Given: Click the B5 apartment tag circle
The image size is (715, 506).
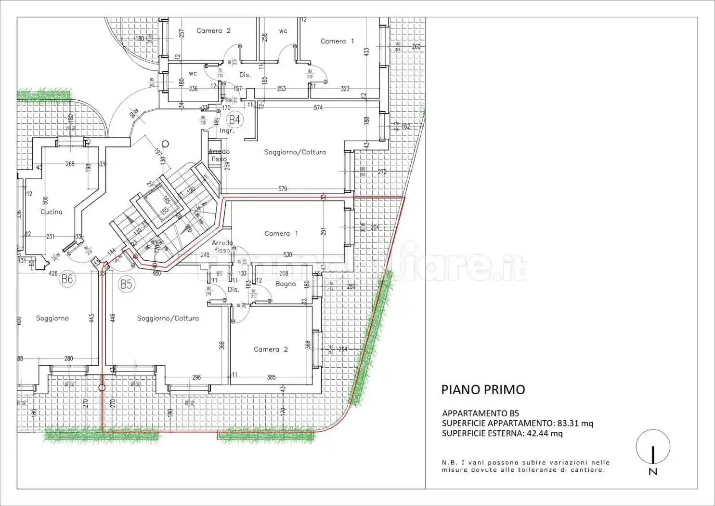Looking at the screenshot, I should tap(126, 284).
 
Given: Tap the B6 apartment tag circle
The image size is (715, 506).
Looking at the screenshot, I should tap(67, 279).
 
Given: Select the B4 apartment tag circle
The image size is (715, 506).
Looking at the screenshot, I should tap(234, 120).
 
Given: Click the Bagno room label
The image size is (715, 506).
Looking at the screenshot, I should tap(286, 284).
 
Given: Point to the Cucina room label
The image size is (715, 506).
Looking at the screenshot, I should tap(52, 212).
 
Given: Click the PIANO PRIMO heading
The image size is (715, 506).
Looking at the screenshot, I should tap(483, 389).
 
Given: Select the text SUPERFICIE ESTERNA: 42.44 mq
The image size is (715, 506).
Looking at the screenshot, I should tap(502, 433).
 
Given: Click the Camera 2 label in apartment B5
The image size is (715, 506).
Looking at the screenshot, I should tap(271, 349).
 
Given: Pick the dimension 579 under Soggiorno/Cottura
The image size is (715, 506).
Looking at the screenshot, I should tap(283, 189).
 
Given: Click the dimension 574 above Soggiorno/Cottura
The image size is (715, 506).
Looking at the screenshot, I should tap(318, 107).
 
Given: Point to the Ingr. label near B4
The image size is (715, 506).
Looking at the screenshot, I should tap(227, 131).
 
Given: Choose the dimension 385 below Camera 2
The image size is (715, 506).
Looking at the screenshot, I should tap(271, 377).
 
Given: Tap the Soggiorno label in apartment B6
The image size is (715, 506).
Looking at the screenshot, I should tap(52, 318).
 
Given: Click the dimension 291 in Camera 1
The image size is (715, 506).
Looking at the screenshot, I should tap(324, 231).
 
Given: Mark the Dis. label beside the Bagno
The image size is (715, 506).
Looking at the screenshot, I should tap(234, 290).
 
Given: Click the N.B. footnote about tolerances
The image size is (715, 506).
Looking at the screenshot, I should tap(526, 466).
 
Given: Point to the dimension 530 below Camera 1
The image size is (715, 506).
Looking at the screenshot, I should tap(287, 254).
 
